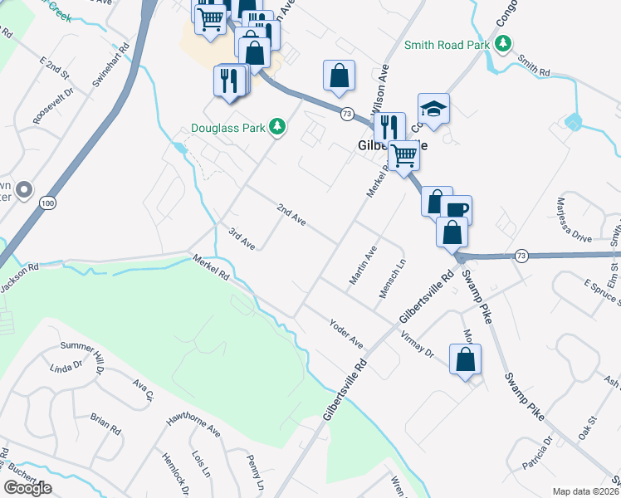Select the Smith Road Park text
tap(447, 43)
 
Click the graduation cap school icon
tap(433, 109)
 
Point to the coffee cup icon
tap(457, 209)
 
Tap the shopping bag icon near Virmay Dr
tap(465, 359)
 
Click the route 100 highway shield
tap(46, 203)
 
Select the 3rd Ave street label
tap(242, 238)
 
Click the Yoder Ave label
tap(346, 333)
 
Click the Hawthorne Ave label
tap(193, 426)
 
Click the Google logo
tap(27, 487)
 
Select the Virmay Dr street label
tap(417, 344)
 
